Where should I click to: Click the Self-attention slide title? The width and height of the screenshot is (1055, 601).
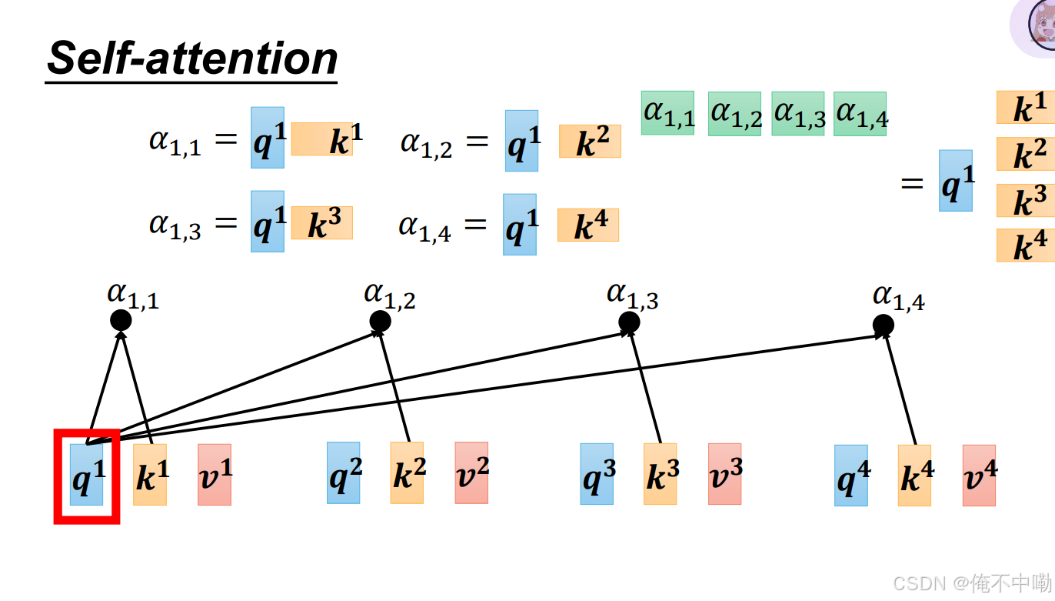(192, 58)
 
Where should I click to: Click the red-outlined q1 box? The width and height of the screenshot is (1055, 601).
(86, 476)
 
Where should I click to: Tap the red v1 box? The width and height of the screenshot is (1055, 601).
(215, 475)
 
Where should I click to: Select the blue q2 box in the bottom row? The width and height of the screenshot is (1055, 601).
(343, 473)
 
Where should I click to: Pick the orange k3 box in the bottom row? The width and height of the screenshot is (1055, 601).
(660, 474)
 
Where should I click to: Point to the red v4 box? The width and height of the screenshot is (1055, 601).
(979, 476)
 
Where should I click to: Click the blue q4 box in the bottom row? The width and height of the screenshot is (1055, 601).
(850, 476)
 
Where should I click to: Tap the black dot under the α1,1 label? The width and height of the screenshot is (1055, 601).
(121, 320)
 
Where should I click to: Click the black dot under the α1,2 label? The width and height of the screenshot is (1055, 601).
(380, 322)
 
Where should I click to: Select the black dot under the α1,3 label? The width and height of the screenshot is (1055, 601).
(630, 322)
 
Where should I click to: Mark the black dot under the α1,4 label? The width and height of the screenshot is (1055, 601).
(884, 325)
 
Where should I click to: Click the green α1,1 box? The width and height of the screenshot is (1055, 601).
(667, 113)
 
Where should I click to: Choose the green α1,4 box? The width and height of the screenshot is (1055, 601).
(860, 114)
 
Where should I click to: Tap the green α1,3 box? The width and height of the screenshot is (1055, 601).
(797, 114)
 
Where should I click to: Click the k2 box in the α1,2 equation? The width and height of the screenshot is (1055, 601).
(589, 142)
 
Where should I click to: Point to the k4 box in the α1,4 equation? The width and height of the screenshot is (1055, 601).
(587, 225)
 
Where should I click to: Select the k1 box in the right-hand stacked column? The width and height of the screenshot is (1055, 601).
(1026, 108)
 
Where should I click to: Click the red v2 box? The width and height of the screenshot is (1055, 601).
(471, 473)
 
